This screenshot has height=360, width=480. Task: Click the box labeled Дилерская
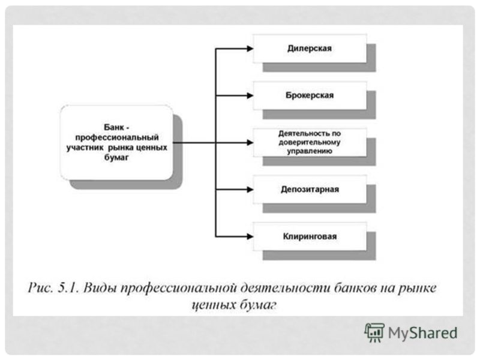(310, 49)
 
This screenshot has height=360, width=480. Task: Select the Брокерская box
(310, 95)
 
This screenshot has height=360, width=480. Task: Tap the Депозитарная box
(310, 190)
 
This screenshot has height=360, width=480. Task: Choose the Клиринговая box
(310, 236)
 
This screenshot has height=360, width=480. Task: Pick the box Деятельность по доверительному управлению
(310, 143)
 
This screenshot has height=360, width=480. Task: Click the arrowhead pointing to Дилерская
(250, 49)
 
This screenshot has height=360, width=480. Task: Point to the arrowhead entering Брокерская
(250, 95)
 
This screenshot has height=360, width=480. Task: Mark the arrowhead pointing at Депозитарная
(250, 190)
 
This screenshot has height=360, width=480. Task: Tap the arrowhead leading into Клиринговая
(250, 236)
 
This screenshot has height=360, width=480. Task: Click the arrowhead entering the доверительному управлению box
(250, 143)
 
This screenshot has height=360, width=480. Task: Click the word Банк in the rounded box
(113, 127)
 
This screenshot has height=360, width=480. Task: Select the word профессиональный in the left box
(117, 137)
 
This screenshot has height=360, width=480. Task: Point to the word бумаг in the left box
(116, 158)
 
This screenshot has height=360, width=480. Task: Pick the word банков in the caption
(355, 288)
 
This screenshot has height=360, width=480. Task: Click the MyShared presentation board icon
(374, 332)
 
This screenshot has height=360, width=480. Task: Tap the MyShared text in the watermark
(422, 333)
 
